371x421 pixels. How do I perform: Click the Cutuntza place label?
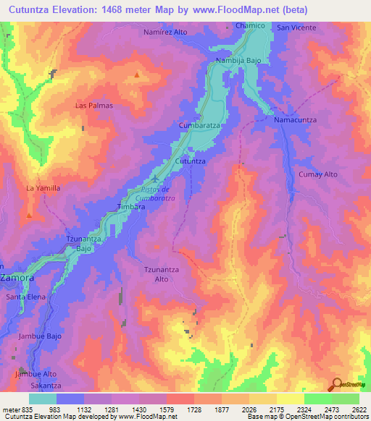pyautogui.click(x=191, y=161)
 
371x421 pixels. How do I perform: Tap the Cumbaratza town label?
pyautogui.click(x=200, y=125)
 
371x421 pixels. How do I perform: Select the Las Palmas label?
pyautogui.click(x=94, y=105)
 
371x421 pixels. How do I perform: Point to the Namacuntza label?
pyautogui.click(x=293, y=119)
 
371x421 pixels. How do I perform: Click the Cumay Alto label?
pyautogui.click(x=319, y=175)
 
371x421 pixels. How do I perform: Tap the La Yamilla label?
pyautogui.click(x=43, y=188)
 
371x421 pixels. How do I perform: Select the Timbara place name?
pyautogui.click(x=131, y=206)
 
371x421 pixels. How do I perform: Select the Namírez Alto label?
pyautogui.click(x=166, y=33)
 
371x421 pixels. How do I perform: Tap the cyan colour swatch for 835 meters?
pyautogui.click(x=42, y=399)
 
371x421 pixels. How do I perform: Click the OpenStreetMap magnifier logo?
pyautogui.click(x=335, y=384)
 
